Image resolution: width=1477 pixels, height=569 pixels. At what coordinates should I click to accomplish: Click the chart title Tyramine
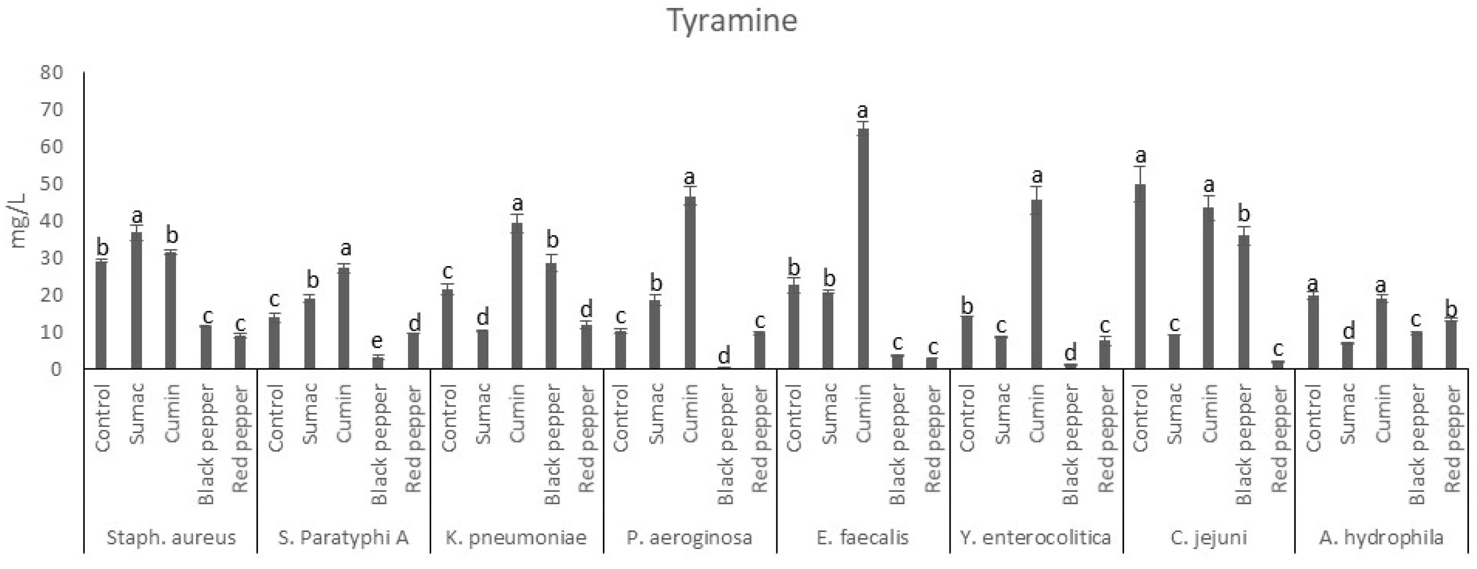point(732,21)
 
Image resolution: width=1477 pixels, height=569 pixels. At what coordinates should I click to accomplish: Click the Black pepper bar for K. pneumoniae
point(551,316)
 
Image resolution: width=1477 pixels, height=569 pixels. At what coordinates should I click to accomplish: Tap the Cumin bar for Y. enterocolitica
point(1036,284)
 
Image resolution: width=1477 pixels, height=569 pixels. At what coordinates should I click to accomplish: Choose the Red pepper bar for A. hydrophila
point(1451,344)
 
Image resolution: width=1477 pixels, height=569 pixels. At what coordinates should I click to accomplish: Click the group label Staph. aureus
point(171,537)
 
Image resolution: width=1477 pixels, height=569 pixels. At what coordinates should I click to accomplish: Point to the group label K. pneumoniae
point(516,537)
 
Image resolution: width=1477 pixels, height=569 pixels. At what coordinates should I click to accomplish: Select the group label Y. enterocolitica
point(1035,537)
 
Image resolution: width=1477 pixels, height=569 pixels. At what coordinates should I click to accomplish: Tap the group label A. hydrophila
point(1381,537)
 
